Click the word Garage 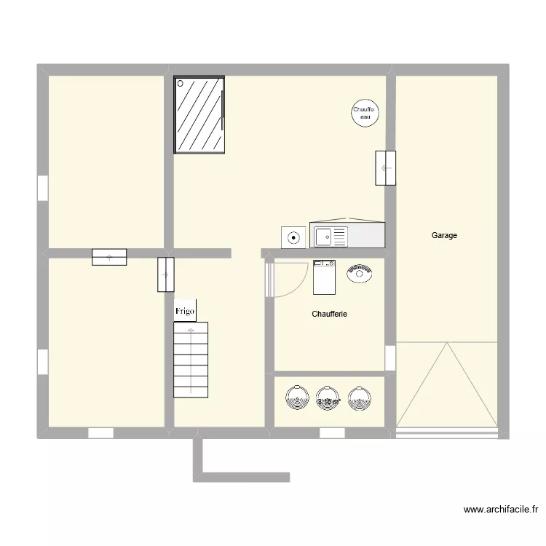pyautogui.click(x=444, y=235)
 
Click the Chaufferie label pyautogui.click(x=329, y=314)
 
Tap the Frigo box pyautogui.click(x=185, y=311)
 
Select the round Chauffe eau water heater pyautogui.click(x=364, y=113)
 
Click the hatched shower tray pyautogui.click(x=199, y=115)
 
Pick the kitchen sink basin pyautogui.click(x=323, y=236)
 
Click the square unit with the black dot pyautogui.click(x=294, y=237)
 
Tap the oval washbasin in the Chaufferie pyautogui.click(x=360, y=274)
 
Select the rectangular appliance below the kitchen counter pyautogui.click(x=324, y=277)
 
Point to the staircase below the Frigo pyautogui.click(x=191, y=360)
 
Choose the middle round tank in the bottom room pyautogui.click(x=328, y=399)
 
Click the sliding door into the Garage pyautogui.click(x=387, y=168)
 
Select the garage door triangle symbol pyautogui.click(x=447, y=386)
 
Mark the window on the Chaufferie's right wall pyautogui.click(x=390, y=357)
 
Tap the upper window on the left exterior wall pyautogui.click(x=42, y=188)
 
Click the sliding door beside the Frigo pyautogui.click(x=166, y=274)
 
